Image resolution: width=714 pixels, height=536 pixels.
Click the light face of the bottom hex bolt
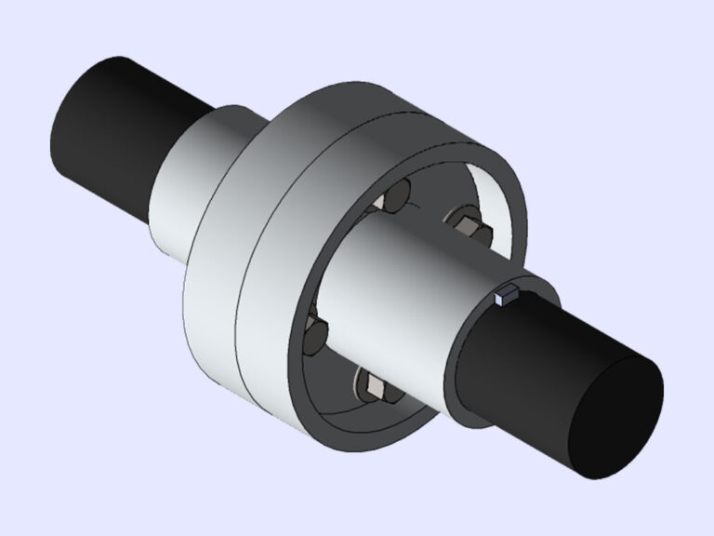tap(371, 386)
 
